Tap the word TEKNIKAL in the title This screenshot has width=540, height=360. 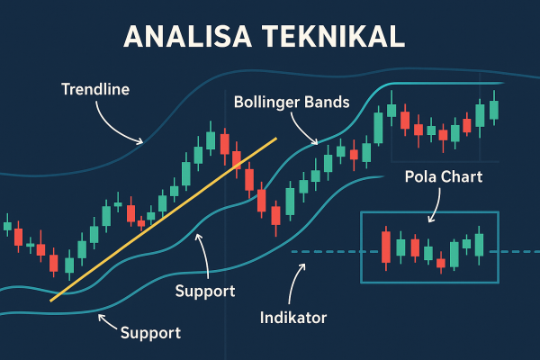click(337, 38)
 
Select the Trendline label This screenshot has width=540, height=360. click(95, 90)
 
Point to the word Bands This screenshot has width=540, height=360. click(328, 102)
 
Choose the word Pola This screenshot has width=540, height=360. click(421, 176)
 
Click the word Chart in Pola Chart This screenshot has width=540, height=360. click(463, 176)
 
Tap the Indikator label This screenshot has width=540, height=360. click(292, 318)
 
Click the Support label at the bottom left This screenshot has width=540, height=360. click(150, 332)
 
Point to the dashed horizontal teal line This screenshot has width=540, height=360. click(324, 251)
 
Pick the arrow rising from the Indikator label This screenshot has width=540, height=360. click(293, 283)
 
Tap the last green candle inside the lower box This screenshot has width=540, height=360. click(479, 245)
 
